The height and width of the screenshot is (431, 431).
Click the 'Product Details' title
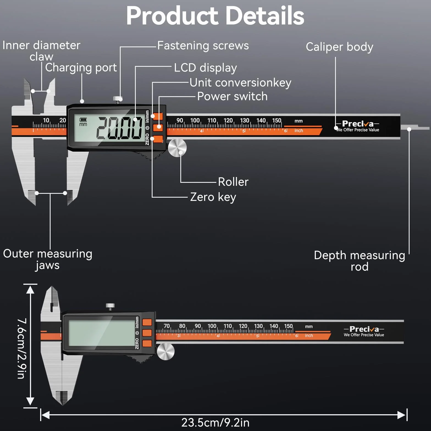click(215, 15)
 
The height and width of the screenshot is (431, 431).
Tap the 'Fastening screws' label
click(203, 46)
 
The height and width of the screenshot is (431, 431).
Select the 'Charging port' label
click(81, 68)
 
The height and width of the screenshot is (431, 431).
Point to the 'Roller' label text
click(233, 182)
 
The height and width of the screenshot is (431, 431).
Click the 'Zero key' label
click(213, 197)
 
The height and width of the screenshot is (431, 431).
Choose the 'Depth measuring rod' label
click(360, 261)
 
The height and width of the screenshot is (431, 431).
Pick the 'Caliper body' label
click(339, 47)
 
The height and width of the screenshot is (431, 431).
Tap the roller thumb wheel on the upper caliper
click(177, 148)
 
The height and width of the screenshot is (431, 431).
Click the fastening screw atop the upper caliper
click(118, 100)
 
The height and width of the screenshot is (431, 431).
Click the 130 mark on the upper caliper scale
click(244, 120)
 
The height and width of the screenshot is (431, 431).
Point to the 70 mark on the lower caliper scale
click(167, 326)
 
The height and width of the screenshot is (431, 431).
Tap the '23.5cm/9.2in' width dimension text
click(215, 422)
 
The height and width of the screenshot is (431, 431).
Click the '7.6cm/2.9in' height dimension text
click(22, 349)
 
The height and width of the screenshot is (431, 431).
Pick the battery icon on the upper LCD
click(83, 120)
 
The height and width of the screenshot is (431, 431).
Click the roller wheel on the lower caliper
click(166, 351)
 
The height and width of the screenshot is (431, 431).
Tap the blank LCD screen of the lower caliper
click(102, 333)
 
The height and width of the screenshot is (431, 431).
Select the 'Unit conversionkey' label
click(241, 83)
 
